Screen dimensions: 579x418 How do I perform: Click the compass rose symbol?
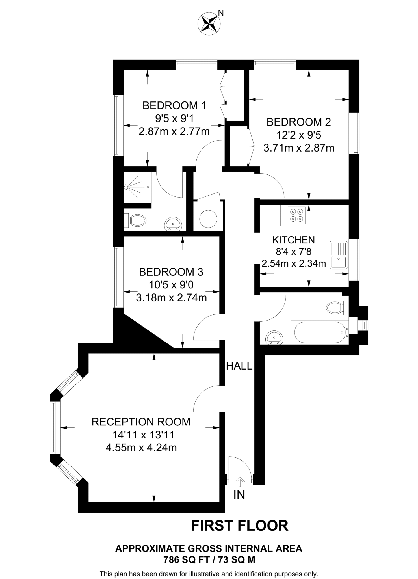(x=209, y=23)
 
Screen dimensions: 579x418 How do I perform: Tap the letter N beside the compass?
(x=221, y=13)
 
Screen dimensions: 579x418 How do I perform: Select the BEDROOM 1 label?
(x=174, y=105)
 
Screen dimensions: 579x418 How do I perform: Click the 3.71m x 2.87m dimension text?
(x=299, y=148)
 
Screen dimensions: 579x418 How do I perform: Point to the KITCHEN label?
(x=293, y=240)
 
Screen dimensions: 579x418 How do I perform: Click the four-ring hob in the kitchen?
(x=296, y=215)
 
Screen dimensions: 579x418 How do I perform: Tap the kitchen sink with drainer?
(x=339, y=254)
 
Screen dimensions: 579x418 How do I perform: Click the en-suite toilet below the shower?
(x=136, y=220)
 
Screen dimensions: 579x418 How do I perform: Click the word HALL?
(x=239, y=366)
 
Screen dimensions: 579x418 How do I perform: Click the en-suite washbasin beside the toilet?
(x=173, y=224)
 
